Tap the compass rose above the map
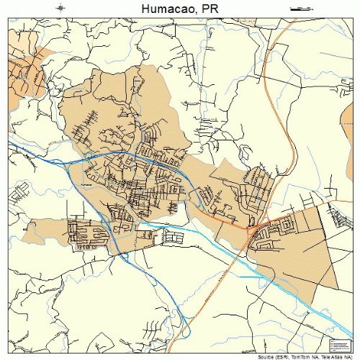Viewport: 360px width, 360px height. tap(60, 8)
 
